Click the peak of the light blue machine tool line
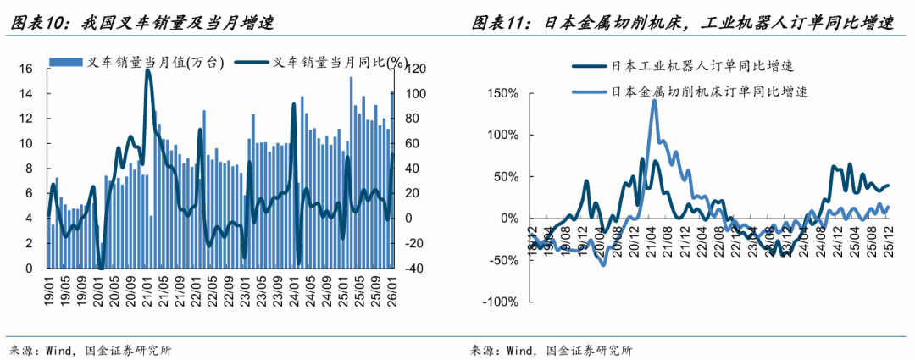click(654, 100)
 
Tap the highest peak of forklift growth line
click(148, 70)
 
